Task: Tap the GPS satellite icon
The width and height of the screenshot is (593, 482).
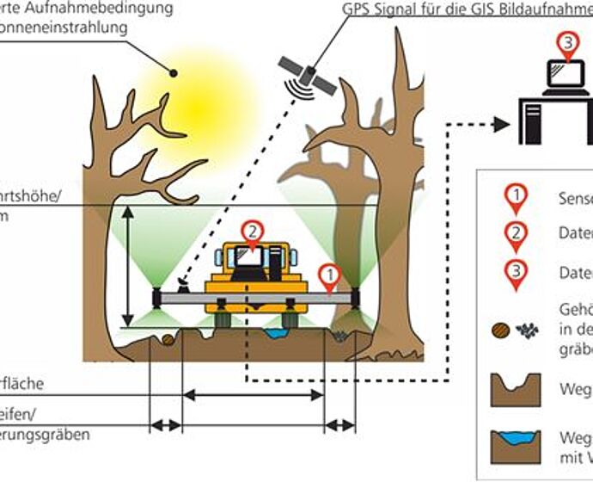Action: point(306,75)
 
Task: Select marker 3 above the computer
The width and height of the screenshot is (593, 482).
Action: point(566,44)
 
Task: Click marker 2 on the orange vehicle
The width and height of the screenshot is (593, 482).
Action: point(251,232)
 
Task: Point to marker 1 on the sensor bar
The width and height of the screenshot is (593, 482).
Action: point(328,275)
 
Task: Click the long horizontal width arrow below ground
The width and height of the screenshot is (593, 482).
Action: point(254,395)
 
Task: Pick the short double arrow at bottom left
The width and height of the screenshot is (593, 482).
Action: point(166,424)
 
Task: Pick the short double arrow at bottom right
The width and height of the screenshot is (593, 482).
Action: point(339,424)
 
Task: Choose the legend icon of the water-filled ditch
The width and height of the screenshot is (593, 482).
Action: point(514,448)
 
